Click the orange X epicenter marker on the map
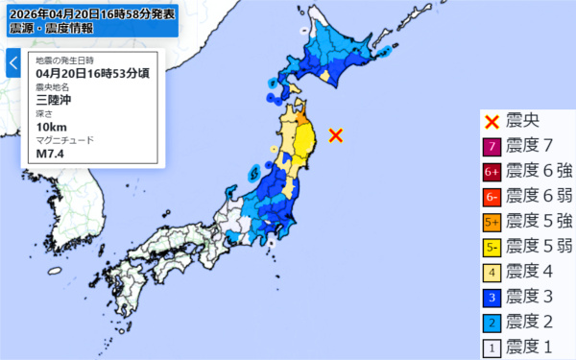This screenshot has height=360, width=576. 336,135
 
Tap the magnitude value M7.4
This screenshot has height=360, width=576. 50,152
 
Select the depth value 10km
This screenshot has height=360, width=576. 50,125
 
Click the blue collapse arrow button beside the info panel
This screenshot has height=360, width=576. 12,63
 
